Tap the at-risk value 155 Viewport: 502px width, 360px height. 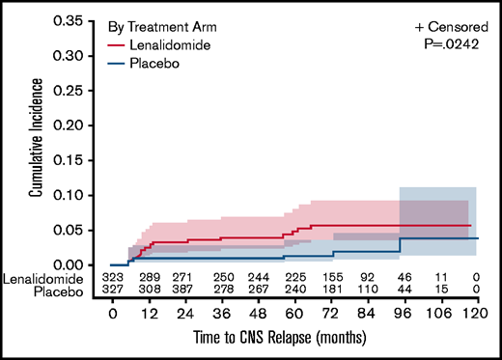tap(333, 276)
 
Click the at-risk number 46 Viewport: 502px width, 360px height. tap(404, 276)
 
